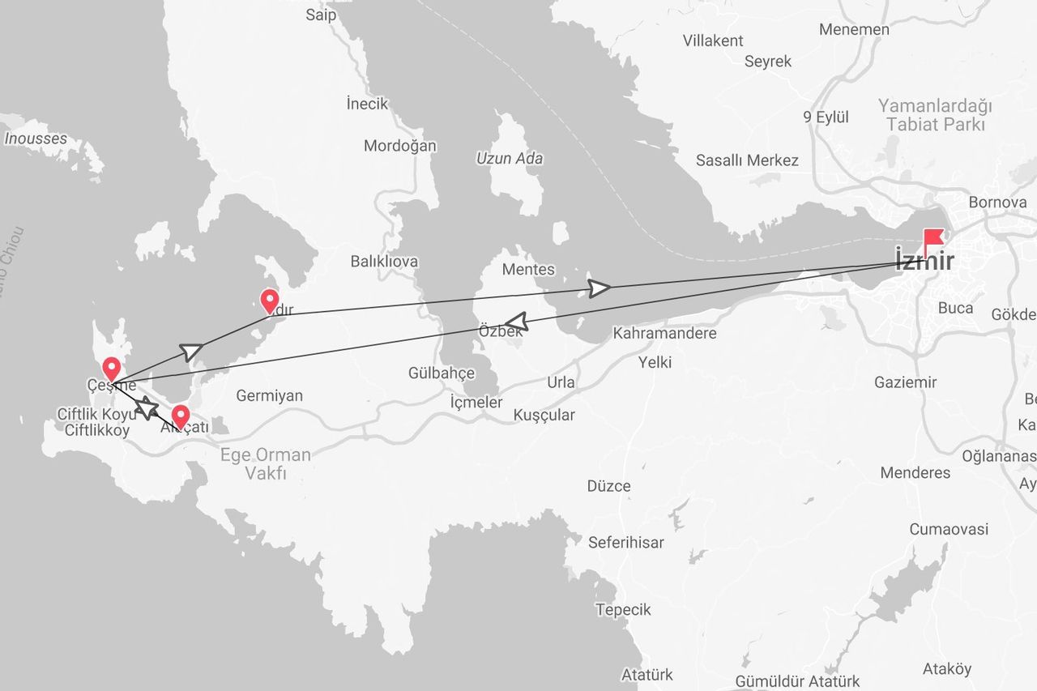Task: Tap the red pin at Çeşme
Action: point(112,369)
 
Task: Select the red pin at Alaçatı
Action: point(181,416)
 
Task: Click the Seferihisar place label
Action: point(626,543)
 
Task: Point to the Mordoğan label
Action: point(399,146)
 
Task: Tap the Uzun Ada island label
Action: point(510,159)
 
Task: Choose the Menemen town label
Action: point(854,29)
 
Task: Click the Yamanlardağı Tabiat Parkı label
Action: point(936,115)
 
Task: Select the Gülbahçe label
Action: point(441,373)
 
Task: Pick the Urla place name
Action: point(561,382)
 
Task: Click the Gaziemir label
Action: point(905,382)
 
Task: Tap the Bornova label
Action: point(997,202)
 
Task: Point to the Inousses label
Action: point(36,139)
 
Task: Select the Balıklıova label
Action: point(384,261)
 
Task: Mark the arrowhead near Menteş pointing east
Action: point(600,288)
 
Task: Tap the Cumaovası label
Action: point(949,529)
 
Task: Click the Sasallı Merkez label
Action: point(747,160)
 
